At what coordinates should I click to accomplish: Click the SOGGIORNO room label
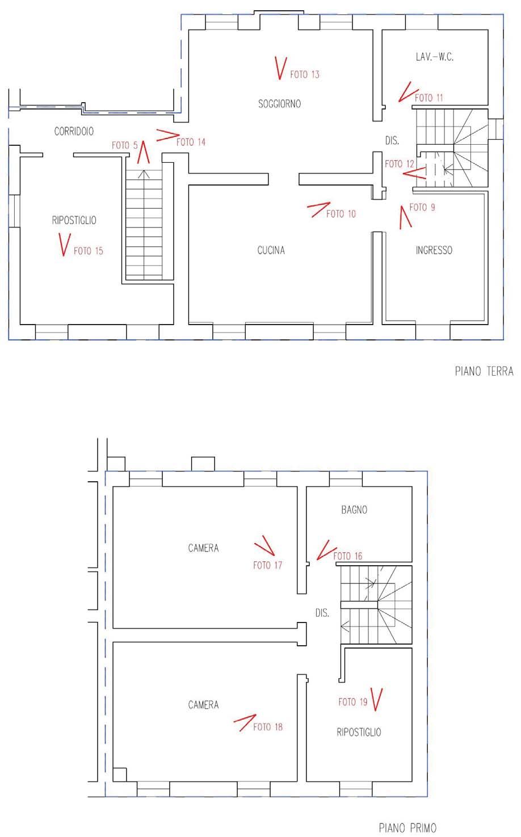point(280,103)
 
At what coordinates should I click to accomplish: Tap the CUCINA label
point(271,250)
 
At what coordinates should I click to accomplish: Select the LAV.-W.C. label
point(435,57)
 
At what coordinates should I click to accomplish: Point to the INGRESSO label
point(434,250)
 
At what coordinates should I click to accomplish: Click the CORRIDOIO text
point(74,131)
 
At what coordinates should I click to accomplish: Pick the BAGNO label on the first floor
point(354,510)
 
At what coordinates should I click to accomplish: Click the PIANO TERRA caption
point(484,371)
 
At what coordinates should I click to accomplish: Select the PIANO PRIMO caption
point(407,828)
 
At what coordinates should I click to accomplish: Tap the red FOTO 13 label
point(305,74)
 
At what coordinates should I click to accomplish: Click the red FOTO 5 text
point(125,145)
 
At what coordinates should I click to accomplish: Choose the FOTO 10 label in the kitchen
point(341,214)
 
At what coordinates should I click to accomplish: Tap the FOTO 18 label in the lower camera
point(268,727)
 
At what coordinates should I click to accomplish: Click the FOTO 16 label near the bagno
point(347,556)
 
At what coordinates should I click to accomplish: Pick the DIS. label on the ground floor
point(392,141)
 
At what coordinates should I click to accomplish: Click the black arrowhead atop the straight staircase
point(144,174)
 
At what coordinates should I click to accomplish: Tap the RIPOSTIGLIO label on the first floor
point(359,732)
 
